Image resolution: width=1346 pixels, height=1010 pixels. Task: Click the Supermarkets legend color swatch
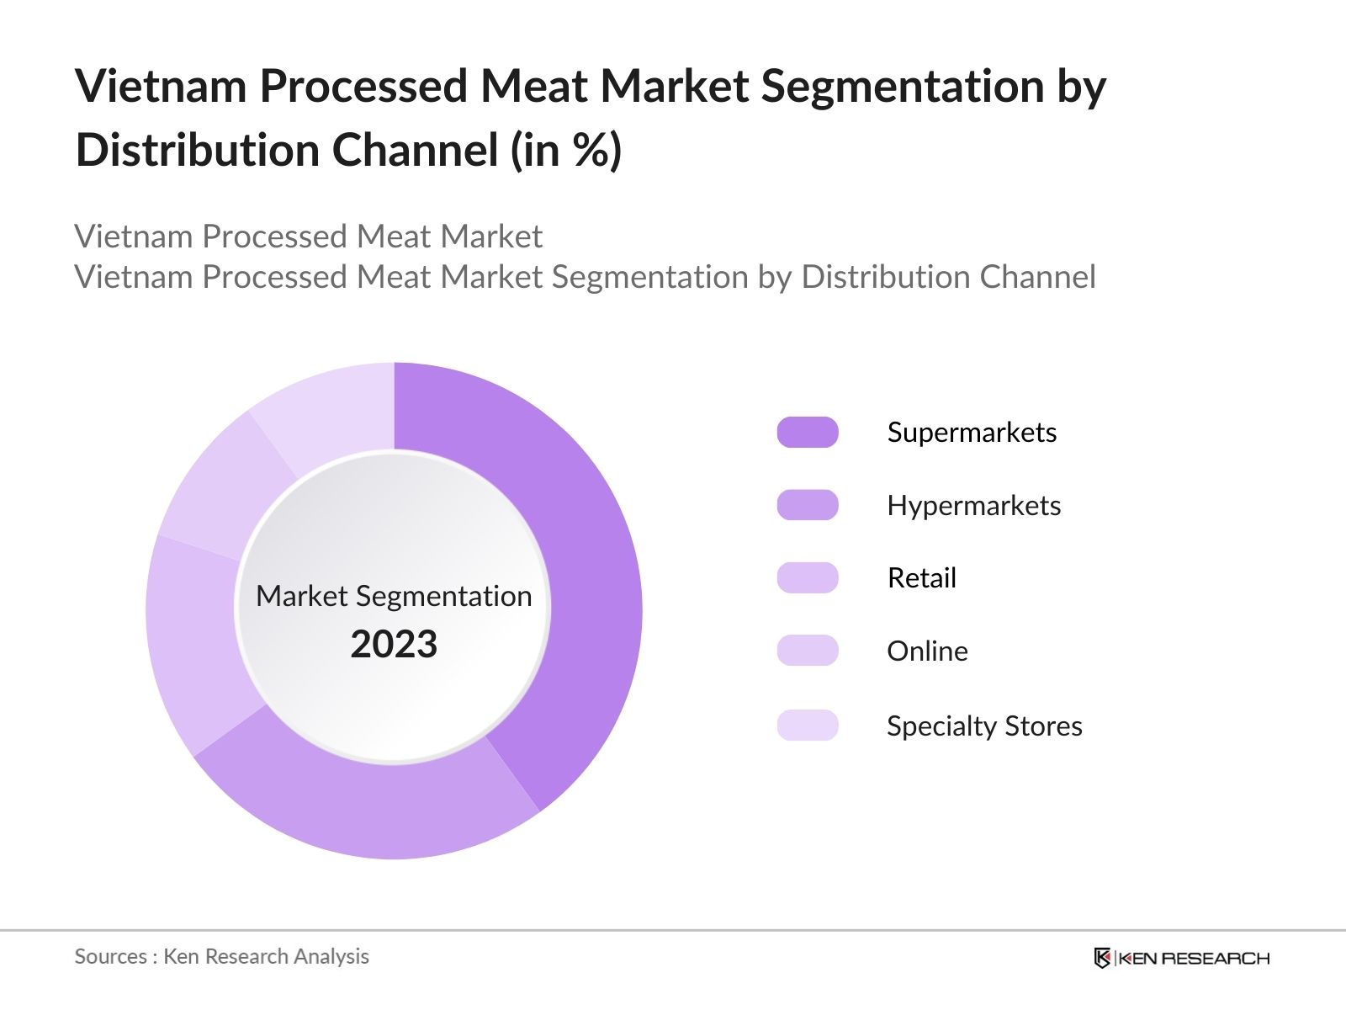point(808,432)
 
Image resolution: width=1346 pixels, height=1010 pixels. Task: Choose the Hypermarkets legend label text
point(973,505)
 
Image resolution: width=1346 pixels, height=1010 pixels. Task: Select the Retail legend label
point(921,578)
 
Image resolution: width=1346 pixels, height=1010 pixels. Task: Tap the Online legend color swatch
point(808,651)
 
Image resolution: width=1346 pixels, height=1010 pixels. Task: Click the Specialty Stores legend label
point(984,726)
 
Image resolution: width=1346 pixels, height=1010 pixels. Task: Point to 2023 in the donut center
point(394,645)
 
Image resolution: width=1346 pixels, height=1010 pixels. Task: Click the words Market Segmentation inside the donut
point(394,596)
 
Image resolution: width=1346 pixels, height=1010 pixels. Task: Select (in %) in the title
point(565,151)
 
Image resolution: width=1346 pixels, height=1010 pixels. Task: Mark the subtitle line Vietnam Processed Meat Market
point(308,237)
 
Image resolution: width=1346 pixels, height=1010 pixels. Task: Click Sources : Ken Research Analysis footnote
point(221,956)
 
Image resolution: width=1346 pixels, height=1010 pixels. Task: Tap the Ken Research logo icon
point(1102,958)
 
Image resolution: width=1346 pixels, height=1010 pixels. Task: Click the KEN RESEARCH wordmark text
point(1193,958)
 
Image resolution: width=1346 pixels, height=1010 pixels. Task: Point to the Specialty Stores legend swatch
point(808,725)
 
